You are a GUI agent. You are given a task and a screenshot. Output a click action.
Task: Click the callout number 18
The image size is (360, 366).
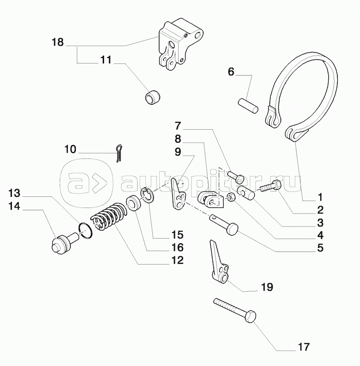point(57,43)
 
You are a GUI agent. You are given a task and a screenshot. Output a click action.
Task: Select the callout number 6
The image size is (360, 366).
point(231,72)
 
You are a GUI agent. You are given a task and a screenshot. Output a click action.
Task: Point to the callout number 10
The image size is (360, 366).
point(70,149)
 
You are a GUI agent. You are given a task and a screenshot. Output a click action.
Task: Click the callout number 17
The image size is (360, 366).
point(304,347)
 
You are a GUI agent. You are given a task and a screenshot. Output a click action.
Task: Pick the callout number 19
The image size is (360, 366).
point(267,287)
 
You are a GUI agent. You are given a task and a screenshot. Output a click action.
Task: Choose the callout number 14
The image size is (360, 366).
point(14,206)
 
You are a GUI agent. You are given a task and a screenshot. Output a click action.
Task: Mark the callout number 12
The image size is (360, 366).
point(177,260)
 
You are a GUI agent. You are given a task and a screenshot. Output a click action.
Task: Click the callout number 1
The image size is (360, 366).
point(320,196)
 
